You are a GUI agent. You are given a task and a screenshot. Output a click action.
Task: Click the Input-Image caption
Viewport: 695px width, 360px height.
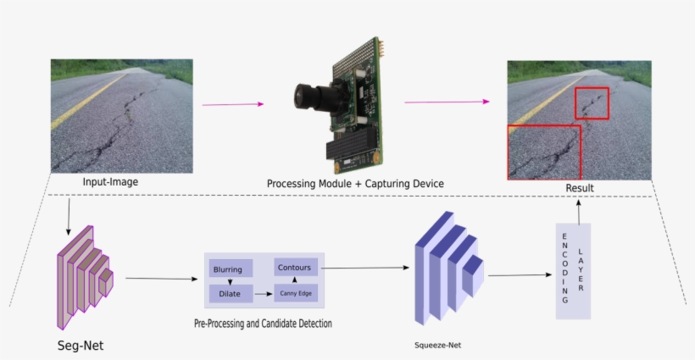coord(110,182)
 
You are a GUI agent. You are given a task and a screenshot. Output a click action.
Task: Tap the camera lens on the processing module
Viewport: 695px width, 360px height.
coord(309,97)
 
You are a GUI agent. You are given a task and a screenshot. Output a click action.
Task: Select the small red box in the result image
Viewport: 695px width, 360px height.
coord(592,102)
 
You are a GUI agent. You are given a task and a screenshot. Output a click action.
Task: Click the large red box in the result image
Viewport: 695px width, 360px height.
coord(543,152)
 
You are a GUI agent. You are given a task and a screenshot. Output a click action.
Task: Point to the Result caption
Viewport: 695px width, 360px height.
coord(579,188)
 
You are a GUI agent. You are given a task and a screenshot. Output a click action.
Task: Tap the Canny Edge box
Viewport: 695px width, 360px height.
coord(295,294)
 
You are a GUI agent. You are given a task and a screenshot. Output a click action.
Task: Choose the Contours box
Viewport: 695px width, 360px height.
coord(295,268)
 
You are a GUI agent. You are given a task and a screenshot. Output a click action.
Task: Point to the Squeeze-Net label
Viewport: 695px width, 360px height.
coord(437,346)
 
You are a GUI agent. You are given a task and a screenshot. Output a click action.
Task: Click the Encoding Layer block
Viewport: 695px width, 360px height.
coord(572,271)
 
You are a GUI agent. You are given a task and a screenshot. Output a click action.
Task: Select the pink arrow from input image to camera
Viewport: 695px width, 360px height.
coord(233,104)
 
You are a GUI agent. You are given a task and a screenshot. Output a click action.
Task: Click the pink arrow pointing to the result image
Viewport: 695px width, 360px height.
coord(447,102)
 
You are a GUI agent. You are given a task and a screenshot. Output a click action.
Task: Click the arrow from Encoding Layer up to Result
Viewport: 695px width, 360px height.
coord(579,211)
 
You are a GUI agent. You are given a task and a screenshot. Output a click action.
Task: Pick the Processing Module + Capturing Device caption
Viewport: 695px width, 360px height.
coord(355,184)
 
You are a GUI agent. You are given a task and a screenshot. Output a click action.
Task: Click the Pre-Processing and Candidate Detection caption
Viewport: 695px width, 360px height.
coord(263,324)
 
